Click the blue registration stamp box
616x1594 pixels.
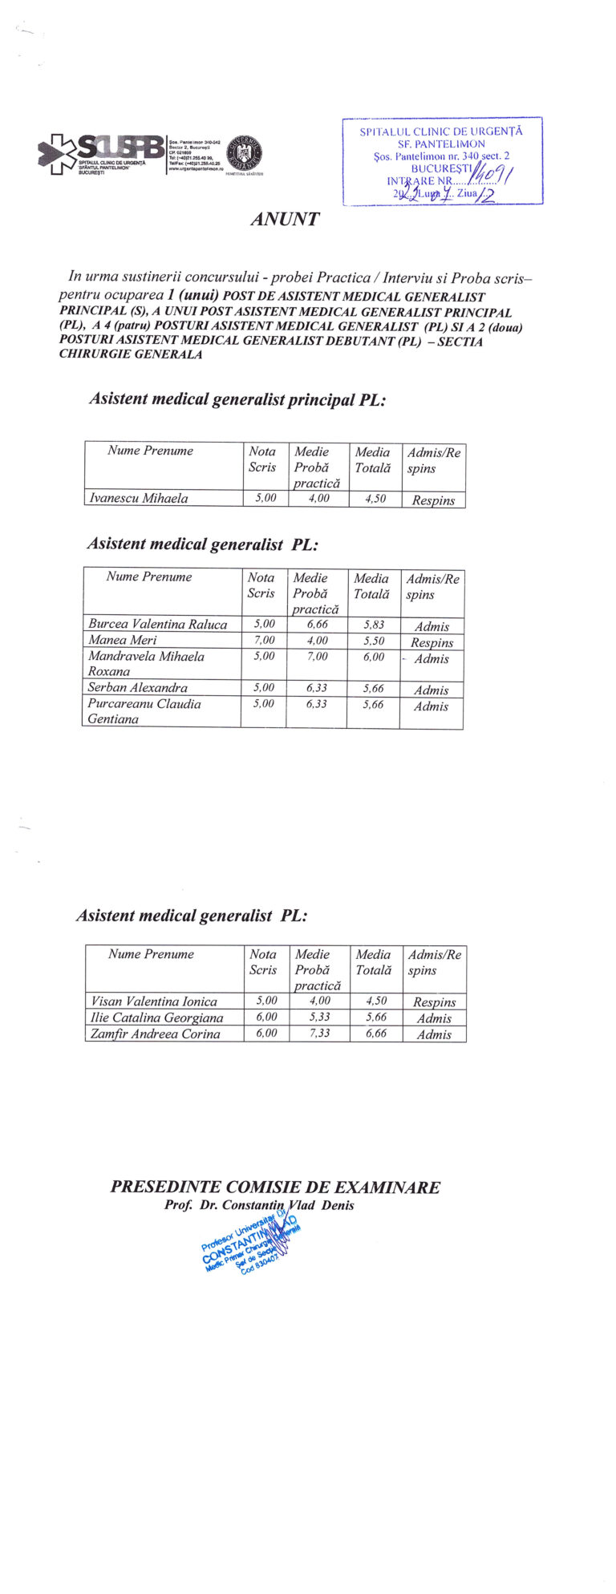(442, 161)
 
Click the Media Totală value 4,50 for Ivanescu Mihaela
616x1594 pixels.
(375, 499)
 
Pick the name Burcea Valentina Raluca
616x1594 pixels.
(157, 625)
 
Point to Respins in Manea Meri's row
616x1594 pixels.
(432, 642)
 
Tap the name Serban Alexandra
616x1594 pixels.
(137, 688)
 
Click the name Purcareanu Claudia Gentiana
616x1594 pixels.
(144, 711)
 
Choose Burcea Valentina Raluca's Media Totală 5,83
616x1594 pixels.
(373, 625)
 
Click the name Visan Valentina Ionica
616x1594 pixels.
(154, 1001)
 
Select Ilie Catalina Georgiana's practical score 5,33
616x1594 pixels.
(320, 1017)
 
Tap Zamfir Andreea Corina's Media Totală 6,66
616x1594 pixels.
(375, 1034)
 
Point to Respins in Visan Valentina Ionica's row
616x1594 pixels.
(434, 1002)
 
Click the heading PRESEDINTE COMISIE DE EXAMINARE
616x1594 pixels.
(275, 1187)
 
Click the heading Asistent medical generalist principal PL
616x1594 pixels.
(237, 399)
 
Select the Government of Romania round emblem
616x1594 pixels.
(245, 152)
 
